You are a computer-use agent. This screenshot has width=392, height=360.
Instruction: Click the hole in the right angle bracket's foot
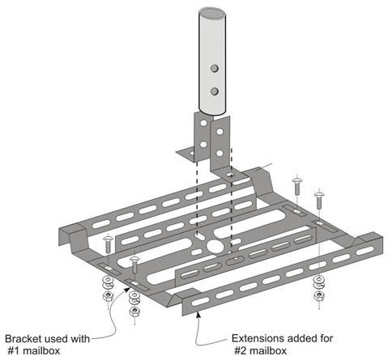point(233,174)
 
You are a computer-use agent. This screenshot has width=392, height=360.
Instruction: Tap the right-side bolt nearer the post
point(296,184)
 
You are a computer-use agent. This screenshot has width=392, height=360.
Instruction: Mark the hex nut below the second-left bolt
point(134,311)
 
